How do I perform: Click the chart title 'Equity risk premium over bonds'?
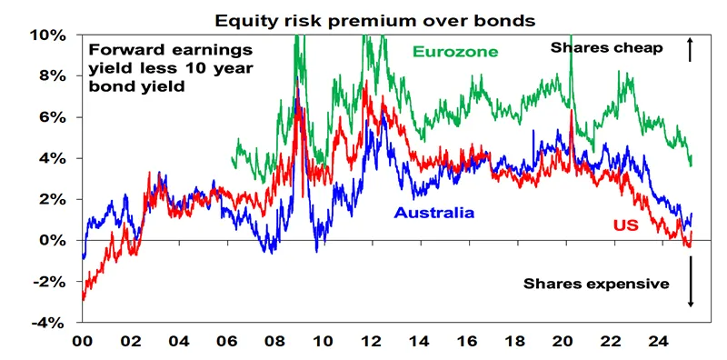(374, 20)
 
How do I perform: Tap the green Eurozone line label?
(455, 52)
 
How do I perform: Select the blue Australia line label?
(434, 213)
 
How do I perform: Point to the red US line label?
(626, 225)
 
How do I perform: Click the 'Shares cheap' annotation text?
(607, 48)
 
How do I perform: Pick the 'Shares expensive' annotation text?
(596, 284)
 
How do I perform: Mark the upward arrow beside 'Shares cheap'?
(690, 50)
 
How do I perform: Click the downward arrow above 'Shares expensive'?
(690, 282)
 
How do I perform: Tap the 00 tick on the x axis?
(83, 343)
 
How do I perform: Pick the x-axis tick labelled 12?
(372, 343)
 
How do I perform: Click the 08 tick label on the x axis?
(275, 343)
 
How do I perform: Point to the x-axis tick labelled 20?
(564, 343)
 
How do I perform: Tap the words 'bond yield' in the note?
(138, 86)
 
